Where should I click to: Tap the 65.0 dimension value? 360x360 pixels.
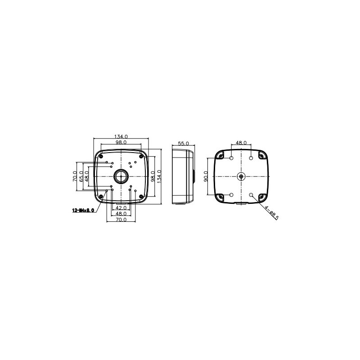(x=81, y=176)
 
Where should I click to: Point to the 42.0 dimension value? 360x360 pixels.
(x=120, y=208)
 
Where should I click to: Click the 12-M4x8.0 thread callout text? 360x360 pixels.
(x=83, y=210)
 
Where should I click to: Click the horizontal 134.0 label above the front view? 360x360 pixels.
(x=121, y=136)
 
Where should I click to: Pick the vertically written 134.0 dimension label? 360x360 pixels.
(x=159, y=176)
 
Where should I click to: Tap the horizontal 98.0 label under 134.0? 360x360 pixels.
(x=121, y=142)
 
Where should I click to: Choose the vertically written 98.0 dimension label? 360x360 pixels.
(x=153, y=176)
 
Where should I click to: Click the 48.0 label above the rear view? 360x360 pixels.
(x=241, y=143)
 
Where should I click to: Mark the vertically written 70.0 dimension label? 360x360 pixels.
(x=75, y=176)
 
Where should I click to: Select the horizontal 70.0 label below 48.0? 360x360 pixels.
(x=120, y=220)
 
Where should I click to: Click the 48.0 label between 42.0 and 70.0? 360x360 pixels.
(x=120, y=214)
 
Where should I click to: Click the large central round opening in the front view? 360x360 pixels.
(x=121, y=176)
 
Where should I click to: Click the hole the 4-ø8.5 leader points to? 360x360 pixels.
(x=251, y=195)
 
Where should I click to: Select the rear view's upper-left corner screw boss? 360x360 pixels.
(x=220, y=155)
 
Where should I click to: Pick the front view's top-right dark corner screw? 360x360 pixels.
(x=141, y=156)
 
